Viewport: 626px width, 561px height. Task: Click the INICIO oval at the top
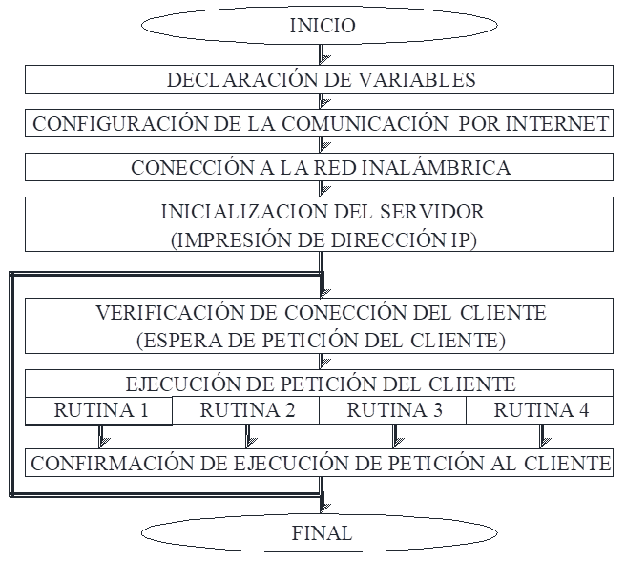(x=322, y=26)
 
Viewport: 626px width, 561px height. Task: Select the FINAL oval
(x=322, y=533)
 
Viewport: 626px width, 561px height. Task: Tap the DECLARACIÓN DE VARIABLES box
(x=321, y=79)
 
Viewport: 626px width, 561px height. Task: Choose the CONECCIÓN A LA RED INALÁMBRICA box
(x=321, y=167)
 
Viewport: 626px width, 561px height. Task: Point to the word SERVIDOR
(x=428, y=211)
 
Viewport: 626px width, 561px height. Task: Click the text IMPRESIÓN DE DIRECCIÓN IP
(x=323, y=239)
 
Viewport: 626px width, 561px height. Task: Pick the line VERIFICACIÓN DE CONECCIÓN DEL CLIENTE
(x=321, y=312)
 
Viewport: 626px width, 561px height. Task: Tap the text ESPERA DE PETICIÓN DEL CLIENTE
(x=321, y=340)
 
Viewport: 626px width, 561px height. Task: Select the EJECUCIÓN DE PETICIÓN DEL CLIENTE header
(x=321, y=384)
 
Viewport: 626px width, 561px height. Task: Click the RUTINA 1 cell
(x=100, y=411)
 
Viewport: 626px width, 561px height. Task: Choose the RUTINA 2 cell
(x=247, y=411)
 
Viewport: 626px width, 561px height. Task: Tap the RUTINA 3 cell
(x=394, y=411)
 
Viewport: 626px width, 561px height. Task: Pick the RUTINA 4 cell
(x=541, y=411)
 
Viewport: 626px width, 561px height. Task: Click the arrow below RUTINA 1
(x=102, y=436)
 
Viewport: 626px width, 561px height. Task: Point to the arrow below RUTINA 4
(x=543, y=436)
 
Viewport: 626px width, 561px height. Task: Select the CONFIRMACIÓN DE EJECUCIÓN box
(x=321, y=464)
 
